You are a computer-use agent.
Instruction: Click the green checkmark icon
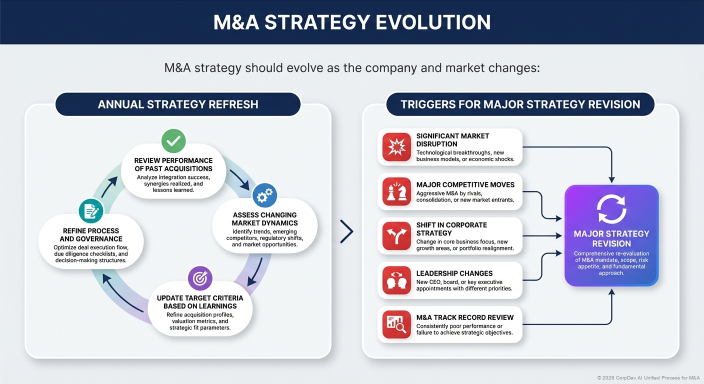click(173, 141)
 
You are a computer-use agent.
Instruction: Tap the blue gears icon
click(264, 196)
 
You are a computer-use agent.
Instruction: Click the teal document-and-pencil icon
click(91, 211)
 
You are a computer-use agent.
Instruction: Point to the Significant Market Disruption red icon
click(396, 147)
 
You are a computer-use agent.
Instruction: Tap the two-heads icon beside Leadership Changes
click(396, 280)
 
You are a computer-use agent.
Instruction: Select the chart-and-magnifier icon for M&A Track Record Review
click(396, 324)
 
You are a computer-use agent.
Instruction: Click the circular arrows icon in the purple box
click(611, 209)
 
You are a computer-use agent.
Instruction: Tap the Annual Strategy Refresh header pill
click(178, 104)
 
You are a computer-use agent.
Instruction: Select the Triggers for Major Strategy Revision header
click(520, 104)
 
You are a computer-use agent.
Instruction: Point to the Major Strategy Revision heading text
click(611, 238)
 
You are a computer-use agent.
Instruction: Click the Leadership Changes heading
click(454, 273)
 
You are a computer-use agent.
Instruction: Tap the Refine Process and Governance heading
click(91, 235)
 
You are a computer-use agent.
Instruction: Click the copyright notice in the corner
click(648, 377)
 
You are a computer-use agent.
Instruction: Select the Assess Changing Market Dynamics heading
click(264, 219)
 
